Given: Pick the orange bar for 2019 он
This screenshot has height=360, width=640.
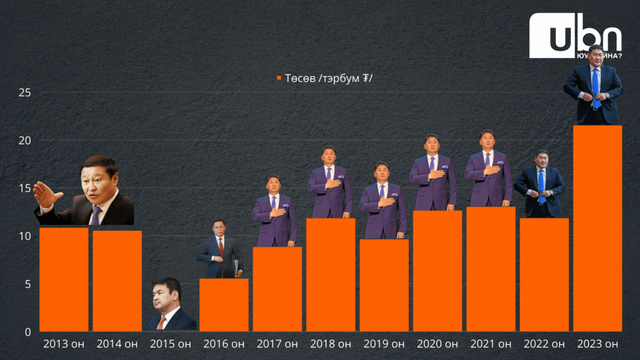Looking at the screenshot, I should point(384,285).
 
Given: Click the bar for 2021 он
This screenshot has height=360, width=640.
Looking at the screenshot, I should point(491,269).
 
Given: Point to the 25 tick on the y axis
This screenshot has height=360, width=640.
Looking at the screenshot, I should point(24,92).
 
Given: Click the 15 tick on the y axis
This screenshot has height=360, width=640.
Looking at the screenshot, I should point(24,188).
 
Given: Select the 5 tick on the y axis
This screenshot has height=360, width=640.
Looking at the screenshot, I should point(28,284).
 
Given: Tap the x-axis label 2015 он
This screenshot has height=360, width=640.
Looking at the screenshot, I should point(170,344).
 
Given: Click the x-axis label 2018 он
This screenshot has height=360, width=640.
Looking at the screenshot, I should point(330,344).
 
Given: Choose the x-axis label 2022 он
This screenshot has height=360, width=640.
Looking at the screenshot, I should point(544,344).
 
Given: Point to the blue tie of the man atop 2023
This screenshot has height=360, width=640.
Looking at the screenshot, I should point(596,87).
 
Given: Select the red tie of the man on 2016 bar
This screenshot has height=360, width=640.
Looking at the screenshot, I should point(221,247).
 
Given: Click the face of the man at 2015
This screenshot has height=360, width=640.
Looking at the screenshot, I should point(165,299).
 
